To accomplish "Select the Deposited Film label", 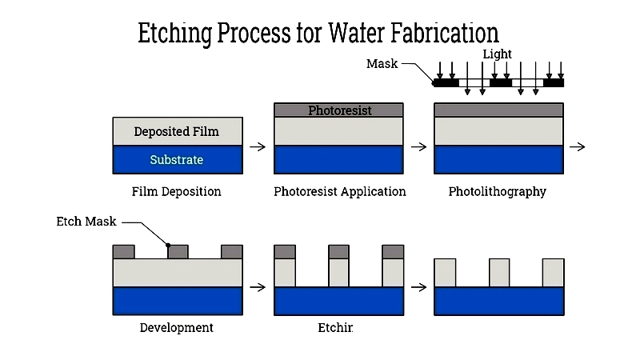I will point(176,132).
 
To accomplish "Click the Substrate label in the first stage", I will point(176,160).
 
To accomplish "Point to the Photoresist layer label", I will point(340,110).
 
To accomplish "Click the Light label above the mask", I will point(497,54).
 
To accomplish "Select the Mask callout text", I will point(382,63).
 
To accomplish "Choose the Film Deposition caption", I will point(176,192).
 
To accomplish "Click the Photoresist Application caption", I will point(339,192).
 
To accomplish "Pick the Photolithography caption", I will point(497,192).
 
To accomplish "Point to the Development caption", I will point(176,328).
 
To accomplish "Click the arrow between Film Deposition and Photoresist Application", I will point(258,147).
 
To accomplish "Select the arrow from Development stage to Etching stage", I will point(258,286).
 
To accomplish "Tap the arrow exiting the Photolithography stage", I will point(578,147).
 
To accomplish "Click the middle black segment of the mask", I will point(501,82).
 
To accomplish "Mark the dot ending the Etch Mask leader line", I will point(169,245).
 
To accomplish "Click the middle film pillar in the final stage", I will point(499,273).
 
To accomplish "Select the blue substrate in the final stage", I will point(499,301).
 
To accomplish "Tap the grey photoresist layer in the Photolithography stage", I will point(499,110).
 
